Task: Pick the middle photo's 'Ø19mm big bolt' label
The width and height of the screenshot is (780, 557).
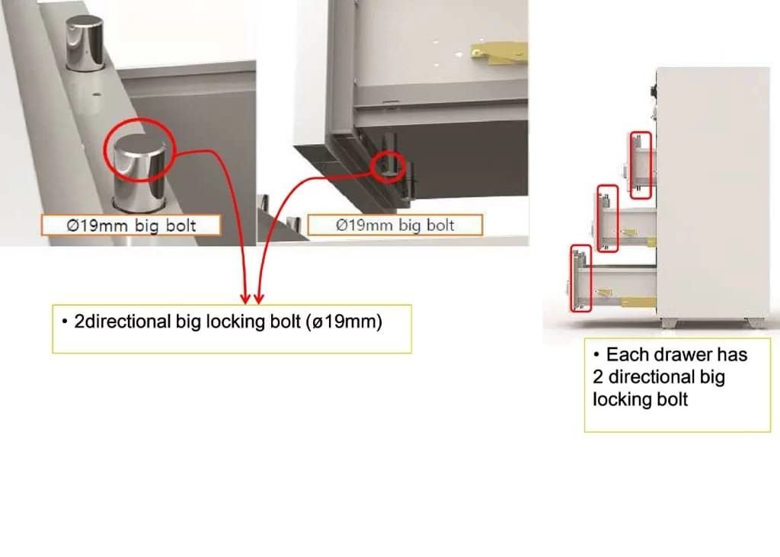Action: point(395,225)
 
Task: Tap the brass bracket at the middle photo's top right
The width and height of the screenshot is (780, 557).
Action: point(498,51)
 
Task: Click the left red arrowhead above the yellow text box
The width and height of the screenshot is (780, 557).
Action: point(245,297)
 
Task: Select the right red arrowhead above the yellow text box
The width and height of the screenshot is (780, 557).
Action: point(259,297)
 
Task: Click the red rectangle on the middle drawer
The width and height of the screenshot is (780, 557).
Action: point(607,219)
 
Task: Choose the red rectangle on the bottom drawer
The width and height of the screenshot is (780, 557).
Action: point(580,278)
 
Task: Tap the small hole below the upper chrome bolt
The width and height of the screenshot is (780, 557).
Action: point(97,94)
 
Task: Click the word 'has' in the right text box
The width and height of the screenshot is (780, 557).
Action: point(732,354)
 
